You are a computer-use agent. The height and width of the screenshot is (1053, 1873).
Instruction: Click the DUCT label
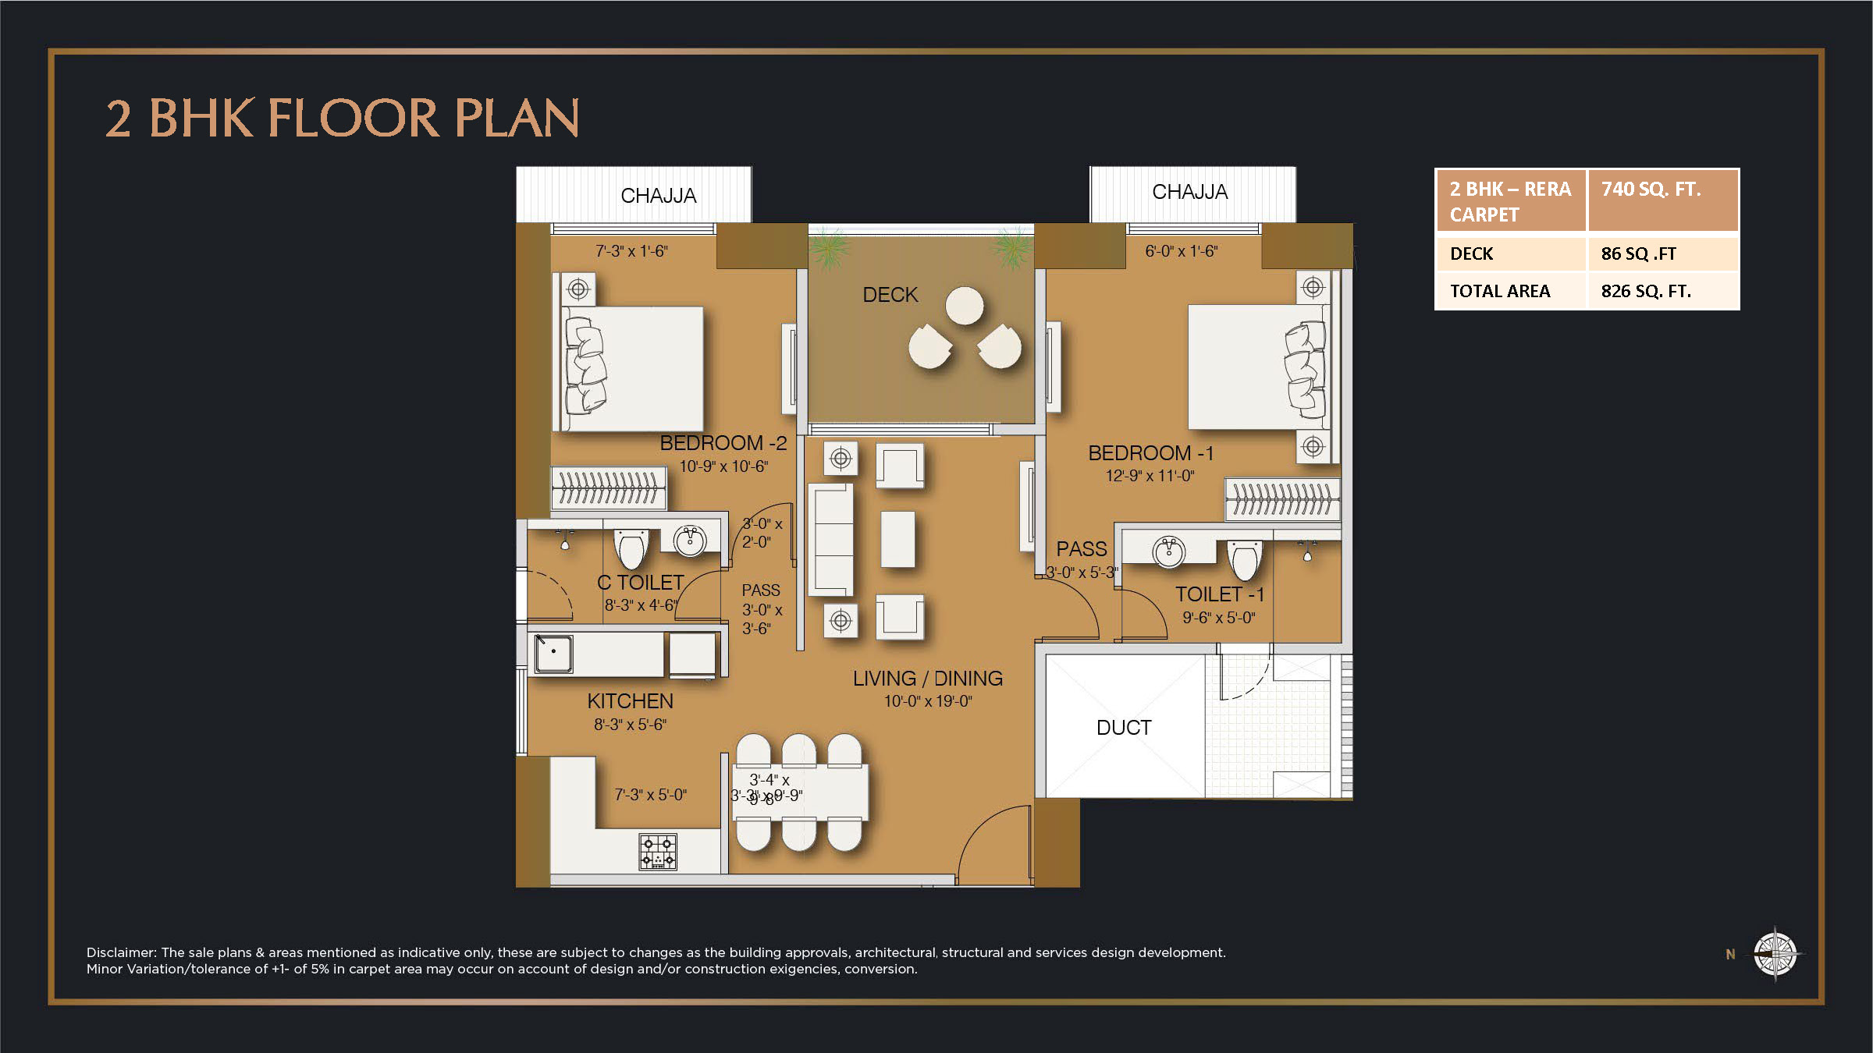[x=1123, y=728]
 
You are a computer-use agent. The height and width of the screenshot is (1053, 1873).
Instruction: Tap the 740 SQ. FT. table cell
[x=1651, y=190]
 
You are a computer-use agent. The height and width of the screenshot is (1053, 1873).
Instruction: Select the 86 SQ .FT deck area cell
[x=1638, y=254]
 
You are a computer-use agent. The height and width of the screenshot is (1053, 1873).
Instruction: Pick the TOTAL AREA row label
[x=1499, y=291]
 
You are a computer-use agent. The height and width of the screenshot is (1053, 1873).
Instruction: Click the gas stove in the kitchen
[x=658, y=852]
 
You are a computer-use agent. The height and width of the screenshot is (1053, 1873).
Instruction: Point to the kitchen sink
[x=553, y=653]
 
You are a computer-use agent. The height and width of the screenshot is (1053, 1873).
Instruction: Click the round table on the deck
[x=965, y=306]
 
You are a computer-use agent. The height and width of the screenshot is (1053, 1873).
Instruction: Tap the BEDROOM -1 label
[x=1150, y=453]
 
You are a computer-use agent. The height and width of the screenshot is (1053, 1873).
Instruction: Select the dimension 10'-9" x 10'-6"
[x=723, y=466]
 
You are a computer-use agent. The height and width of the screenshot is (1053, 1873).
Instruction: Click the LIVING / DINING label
[x=927, y=679]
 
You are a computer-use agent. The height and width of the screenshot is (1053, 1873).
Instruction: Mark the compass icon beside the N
[x=1775, y=953]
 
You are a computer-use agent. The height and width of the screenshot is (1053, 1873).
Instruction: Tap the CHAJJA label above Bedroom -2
[x=658, y=196]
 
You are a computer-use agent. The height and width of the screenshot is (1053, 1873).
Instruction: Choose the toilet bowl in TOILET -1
[x=1244, y=560]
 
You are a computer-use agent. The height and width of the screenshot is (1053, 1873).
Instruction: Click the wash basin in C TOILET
[x=690, y=540]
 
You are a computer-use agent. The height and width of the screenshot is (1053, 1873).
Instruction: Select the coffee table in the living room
[x=897, y=539]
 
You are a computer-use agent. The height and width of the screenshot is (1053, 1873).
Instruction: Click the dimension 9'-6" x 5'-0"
[x=1218, y=618]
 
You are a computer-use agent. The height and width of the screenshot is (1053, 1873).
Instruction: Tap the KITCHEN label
[x=630, y=701]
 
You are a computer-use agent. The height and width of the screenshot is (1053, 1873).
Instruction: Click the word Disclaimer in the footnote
[x=121, y=952]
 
